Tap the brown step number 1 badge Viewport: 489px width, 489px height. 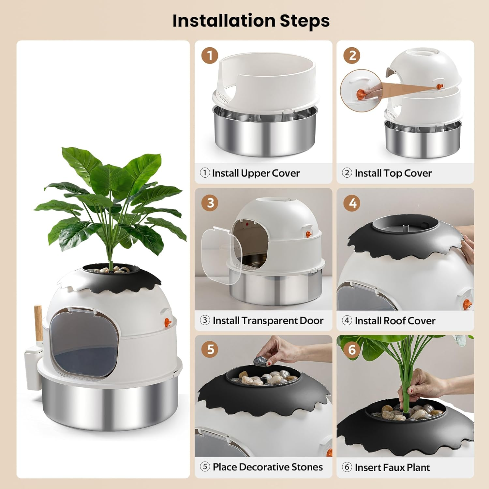(210, 55)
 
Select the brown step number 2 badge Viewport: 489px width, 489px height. (352, 55)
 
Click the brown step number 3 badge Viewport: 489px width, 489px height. (210, 203)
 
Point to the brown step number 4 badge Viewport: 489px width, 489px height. (352, 203)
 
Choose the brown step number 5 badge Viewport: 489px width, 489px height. (210, 349)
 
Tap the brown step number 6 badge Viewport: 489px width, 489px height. (352, 349)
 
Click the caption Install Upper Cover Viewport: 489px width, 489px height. (256, 173)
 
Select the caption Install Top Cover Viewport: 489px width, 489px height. (393, 173)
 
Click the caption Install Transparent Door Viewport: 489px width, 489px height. (268, 320)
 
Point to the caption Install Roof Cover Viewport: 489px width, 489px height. (395, 321)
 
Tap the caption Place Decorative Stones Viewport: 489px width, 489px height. (267, 467)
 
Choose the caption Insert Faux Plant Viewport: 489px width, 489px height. (392, 467)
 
